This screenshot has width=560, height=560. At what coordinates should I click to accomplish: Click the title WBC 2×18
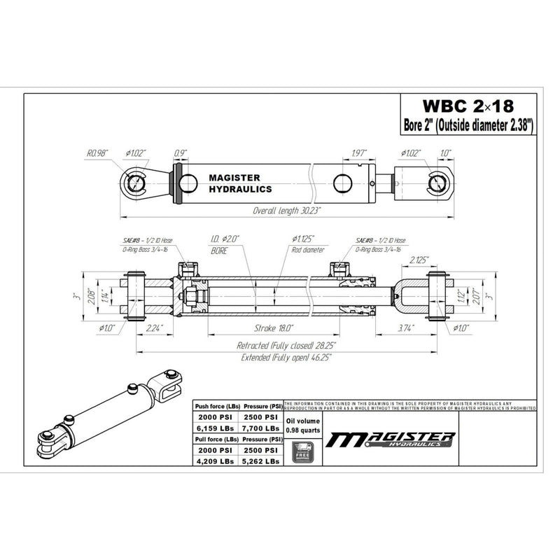click(467, 106)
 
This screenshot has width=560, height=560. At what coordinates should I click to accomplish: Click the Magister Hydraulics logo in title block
click(392, 440)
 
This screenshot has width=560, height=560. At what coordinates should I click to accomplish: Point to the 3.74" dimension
click(405, 327)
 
